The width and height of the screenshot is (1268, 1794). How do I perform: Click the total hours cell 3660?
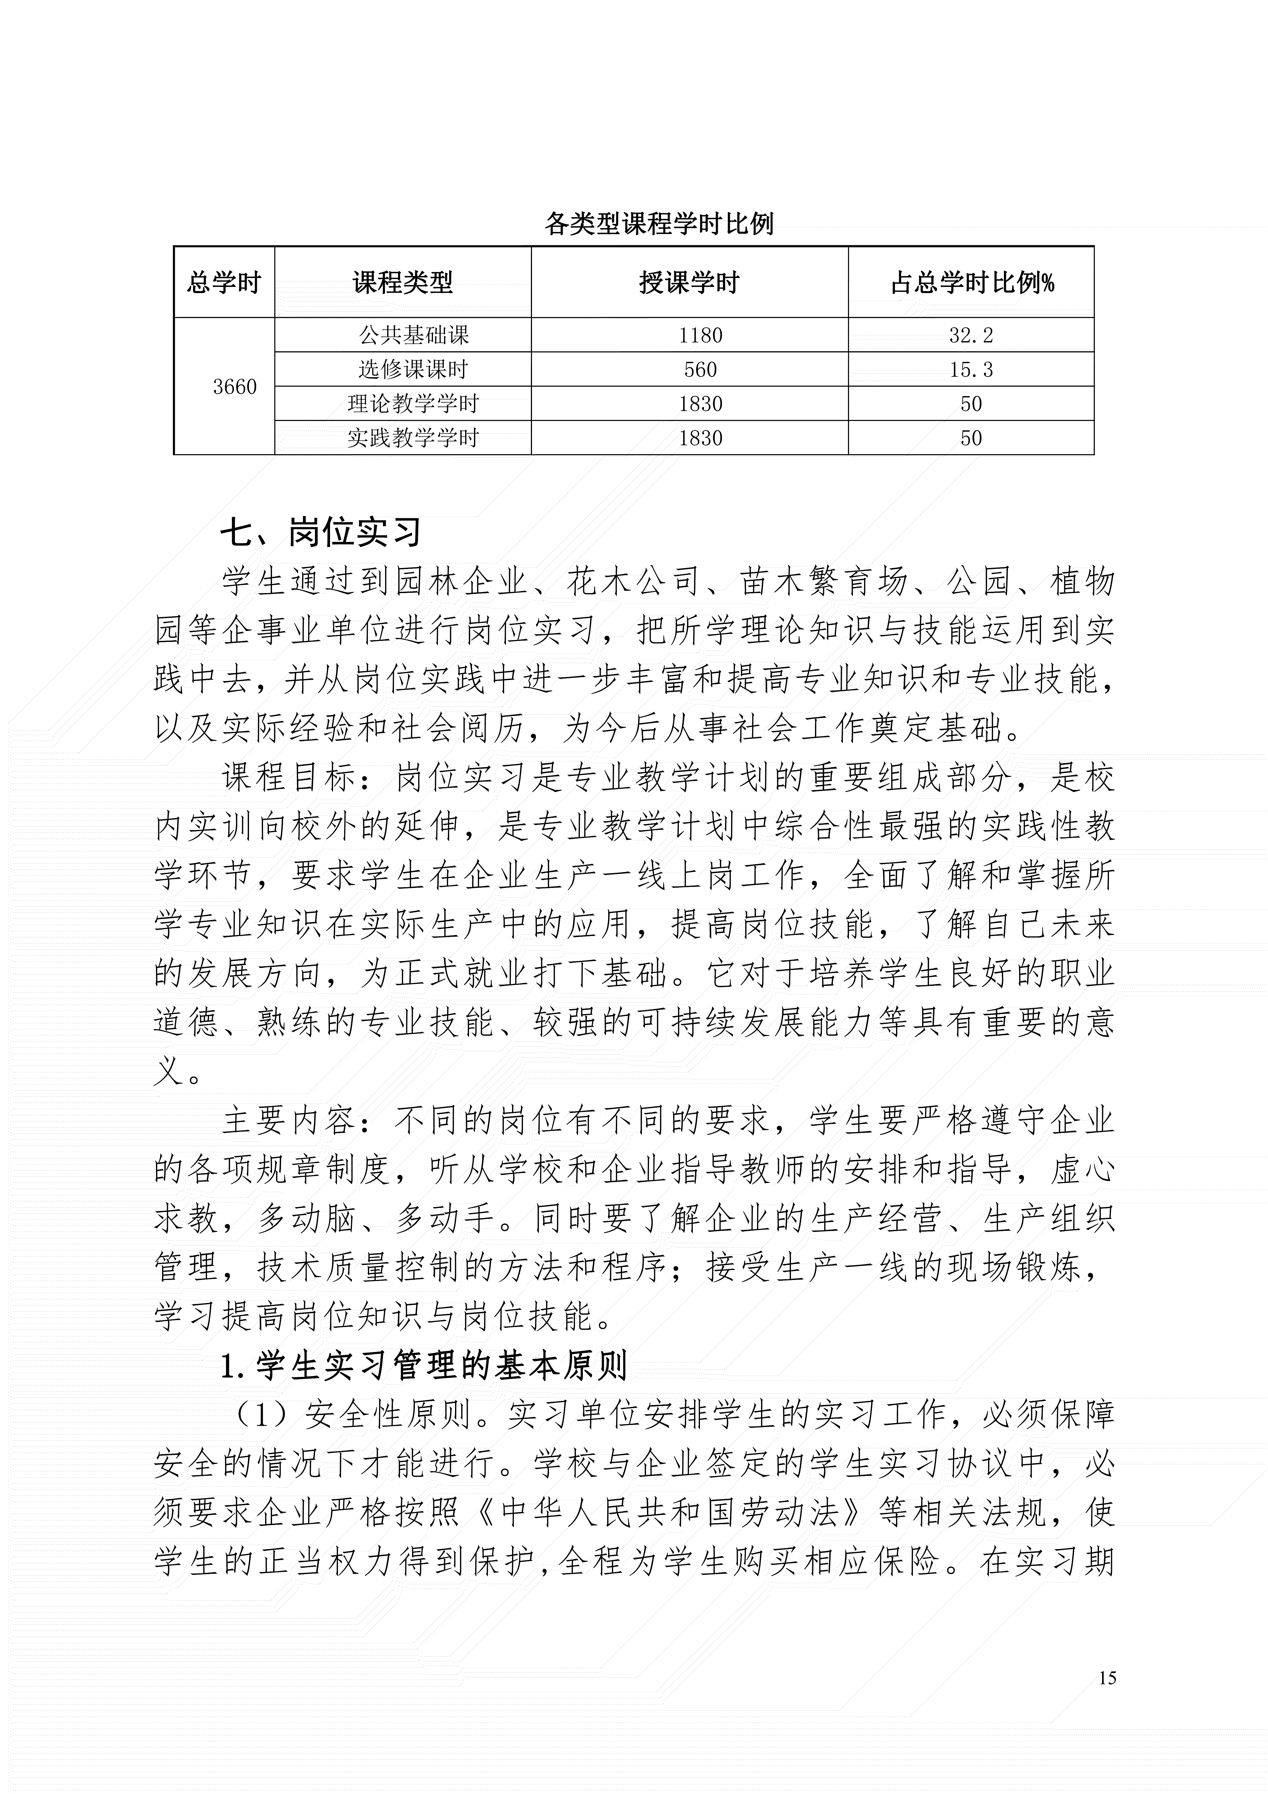234,387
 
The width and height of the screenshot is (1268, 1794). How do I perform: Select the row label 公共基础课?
413,335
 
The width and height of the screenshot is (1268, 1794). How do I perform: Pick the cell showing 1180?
700,335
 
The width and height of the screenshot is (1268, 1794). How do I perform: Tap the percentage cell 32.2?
971,335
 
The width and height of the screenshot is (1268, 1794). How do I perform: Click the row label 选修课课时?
413,370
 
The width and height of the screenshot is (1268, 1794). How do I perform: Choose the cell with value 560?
700,370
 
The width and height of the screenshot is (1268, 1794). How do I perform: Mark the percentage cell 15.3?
971,370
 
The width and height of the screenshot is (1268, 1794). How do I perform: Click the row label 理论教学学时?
413,404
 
